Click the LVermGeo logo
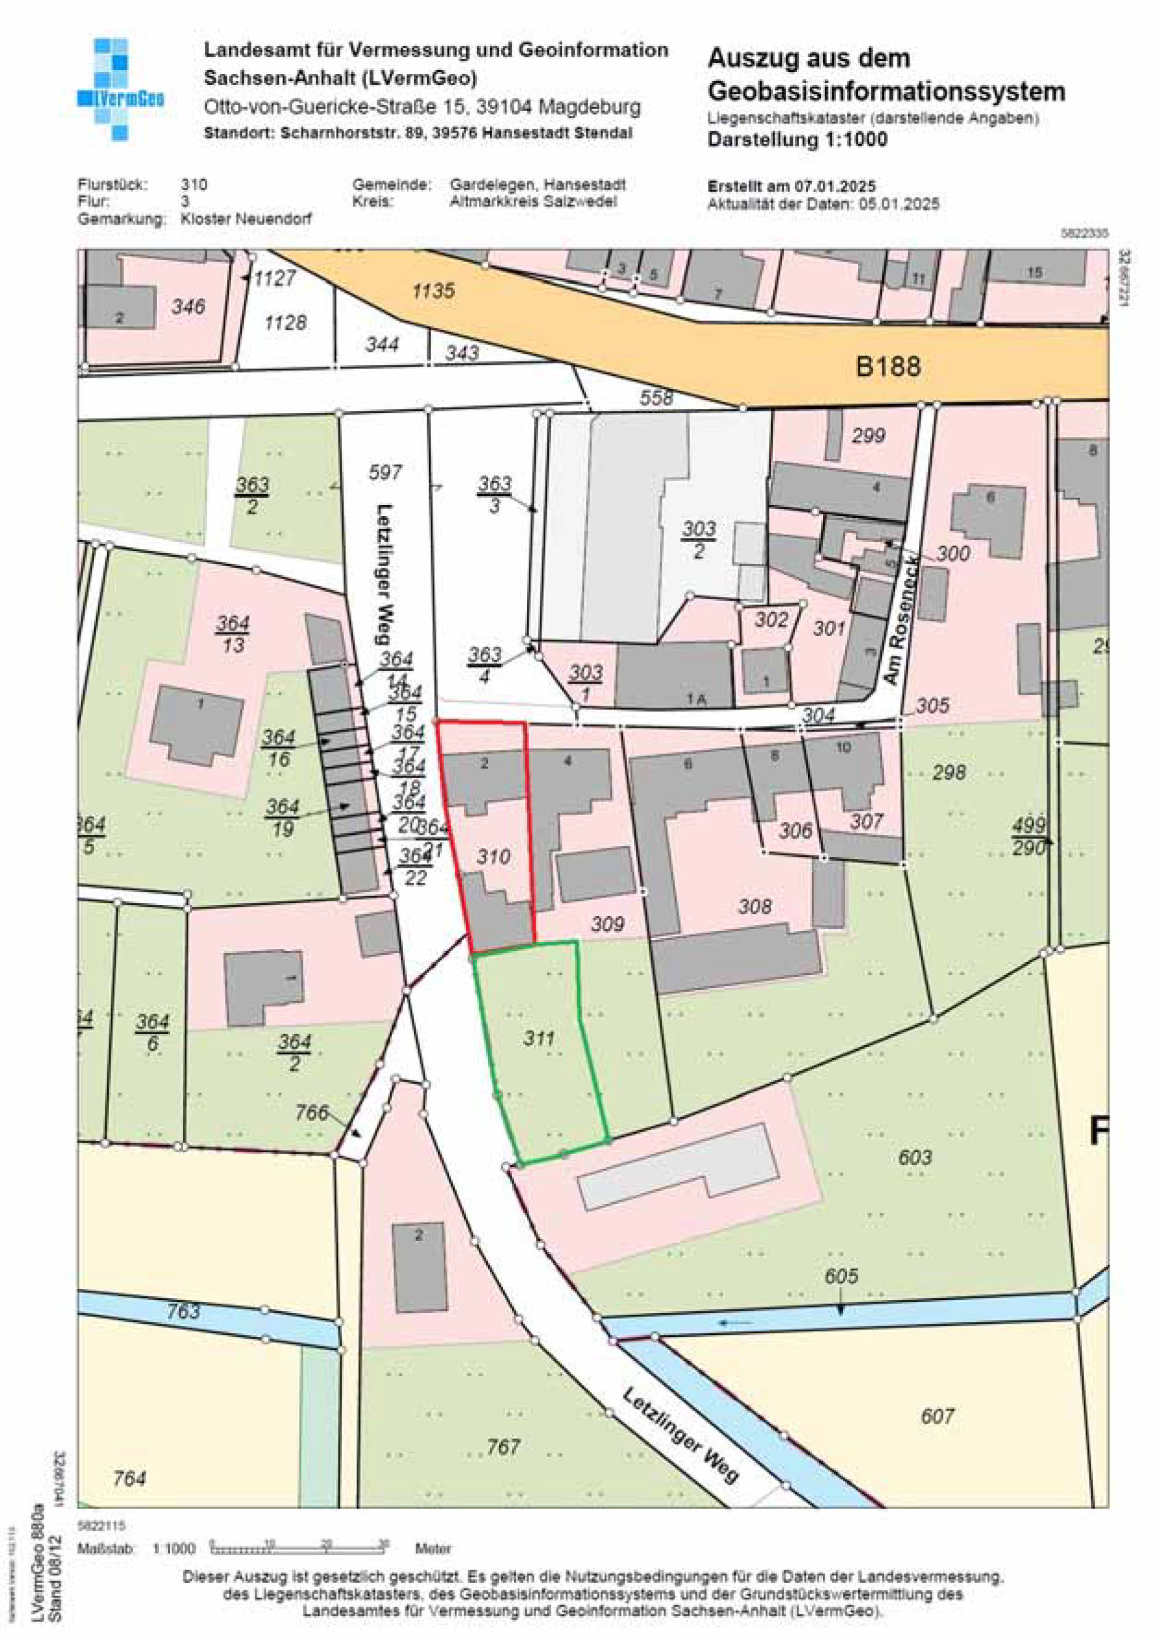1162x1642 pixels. (x=119, y=89)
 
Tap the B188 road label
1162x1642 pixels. (x=888, y=367)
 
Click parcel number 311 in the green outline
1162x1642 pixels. (x=539, y=1037)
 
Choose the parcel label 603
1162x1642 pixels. (x=915, y=1157)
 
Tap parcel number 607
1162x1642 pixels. (x=937, y=1416)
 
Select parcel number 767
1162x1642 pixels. (x=503, y=1447)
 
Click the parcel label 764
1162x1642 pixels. (x=129, y=1478)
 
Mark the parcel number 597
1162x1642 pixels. (x=385, y=472)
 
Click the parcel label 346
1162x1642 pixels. (x=188, y=307)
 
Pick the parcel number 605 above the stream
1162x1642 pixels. (x=841, y=1276)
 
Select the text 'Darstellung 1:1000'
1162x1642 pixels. (x=797, y=140)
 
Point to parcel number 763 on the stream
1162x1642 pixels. (x=183, y=1311)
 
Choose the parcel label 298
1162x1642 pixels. (x=949, y=772)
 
